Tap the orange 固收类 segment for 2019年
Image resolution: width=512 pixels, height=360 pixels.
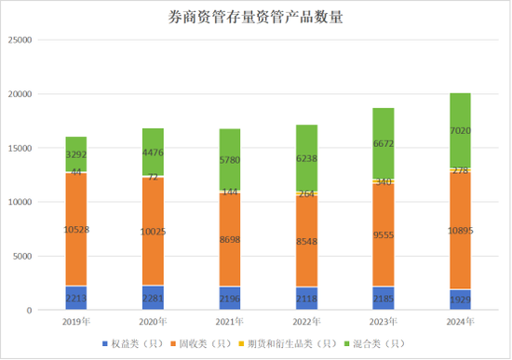[82, 229]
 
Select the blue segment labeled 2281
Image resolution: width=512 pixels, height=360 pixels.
[158, 297]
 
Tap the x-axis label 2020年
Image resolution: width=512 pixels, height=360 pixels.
[158, 322]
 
